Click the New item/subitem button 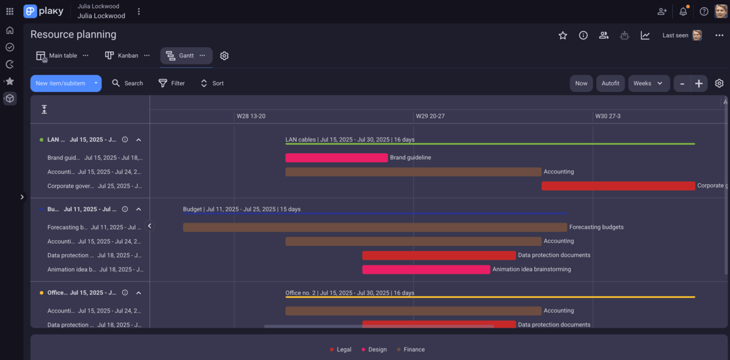point(60,83)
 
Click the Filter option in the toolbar point(172,83)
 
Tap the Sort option point(212,83)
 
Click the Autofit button point(610,83)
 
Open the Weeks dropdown point(648,83)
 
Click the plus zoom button point(698,83)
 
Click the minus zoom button point(683,83)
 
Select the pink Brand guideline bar point(336,157)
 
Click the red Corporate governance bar point(618,185)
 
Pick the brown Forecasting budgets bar point(375,227)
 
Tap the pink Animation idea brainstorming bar point(426,269)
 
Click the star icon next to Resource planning point(563,35)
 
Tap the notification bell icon point(683,12)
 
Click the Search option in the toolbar point(128,83)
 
